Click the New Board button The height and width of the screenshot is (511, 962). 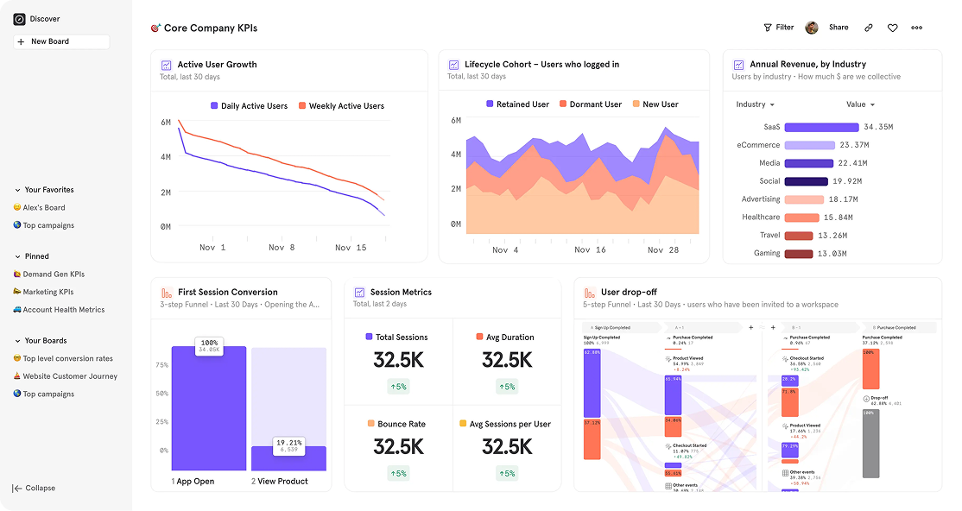point(60,41)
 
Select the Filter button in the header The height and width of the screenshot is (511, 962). point(779,28)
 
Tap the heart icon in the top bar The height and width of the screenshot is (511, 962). point(892,28)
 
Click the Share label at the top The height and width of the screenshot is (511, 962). point(839,28)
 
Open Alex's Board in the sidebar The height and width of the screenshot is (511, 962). point(44,208)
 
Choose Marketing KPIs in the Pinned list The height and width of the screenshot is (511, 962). point(48,292)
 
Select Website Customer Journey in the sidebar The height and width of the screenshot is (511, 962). point(70,376)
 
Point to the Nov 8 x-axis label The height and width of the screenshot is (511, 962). point(282,248)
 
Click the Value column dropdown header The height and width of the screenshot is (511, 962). point(860,104)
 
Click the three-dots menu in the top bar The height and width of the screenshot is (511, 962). point(916,28)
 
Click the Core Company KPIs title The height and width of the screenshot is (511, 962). point(210,28)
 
